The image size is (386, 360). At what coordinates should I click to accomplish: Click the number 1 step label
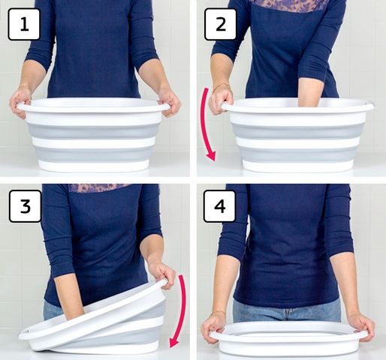[x=24, y=24]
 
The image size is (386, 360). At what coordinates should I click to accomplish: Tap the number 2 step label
[x=220, y=24]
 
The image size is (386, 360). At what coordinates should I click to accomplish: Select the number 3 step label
[x=25, y=206]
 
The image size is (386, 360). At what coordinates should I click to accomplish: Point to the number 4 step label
[x=220, y=206]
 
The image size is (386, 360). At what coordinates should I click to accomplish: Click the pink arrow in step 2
[x=204, y=125]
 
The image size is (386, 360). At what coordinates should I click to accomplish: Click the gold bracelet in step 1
[x=24, y=88]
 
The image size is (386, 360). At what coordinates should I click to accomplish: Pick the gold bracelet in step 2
[x=221, y=86]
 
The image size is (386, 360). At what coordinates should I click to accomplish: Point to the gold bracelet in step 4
[x=217, y=313]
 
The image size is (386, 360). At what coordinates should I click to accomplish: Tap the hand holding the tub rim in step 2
[x=220, y=100]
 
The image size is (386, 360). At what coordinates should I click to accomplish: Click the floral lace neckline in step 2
[x=288, y=5]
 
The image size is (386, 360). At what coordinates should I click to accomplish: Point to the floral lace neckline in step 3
[x=99, y=187]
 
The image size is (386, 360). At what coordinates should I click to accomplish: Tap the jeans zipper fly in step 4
[x=289, y=314]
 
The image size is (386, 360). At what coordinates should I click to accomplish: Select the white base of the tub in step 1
[x=93, y=166]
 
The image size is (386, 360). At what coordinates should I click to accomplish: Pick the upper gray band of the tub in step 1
[x=93, y=130]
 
